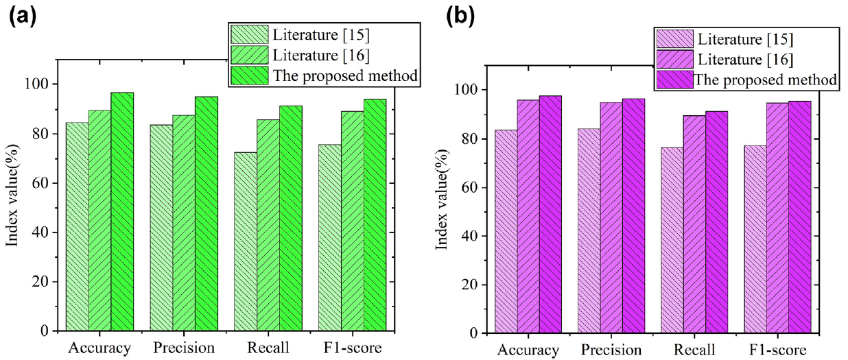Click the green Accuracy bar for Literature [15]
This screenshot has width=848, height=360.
[x=77, y=226]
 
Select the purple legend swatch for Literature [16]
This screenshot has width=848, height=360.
[x=675, y=58]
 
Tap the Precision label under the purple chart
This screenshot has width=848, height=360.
[x=611, y=350]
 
